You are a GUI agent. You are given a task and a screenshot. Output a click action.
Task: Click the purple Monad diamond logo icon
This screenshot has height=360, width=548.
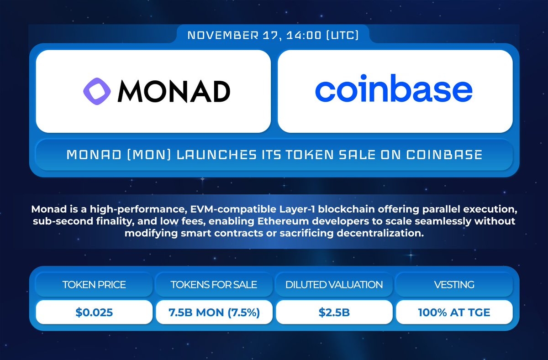(97, 91)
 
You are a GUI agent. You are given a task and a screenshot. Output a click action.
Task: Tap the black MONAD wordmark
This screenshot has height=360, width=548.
(174, 91)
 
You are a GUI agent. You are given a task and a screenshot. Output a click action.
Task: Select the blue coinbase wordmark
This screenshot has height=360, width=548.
(394, 88)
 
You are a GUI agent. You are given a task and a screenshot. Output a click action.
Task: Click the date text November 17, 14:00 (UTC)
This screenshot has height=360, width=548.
(273, 35)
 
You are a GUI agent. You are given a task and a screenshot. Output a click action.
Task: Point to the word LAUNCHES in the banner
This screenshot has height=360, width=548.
(216, 155)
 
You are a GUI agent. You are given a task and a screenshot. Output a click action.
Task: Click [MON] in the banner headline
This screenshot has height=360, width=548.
(149, 155)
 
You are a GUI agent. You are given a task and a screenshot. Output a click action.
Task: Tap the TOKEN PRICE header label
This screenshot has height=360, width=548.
(94, 284)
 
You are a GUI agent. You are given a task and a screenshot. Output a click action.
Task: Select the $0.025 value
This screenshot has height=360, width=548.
(94, 313)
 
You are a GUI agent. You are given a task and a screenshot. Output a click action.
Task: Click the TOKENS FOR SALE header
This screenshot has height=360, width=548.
(214, 284)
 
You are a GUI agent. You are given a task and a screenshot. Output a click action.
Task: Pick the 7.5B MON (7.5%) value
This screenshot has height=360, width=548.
(214, 313)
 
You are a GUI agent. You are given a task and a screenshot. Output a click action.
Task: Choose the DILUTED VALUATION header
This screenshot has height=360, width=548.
(334, 284)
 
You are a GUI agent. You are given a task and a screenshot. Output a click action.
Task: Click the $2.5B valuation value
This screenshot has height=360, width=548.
(334, 313)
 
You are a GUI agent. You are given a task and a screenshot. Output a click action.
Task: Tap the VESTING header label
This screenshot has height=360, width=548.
(454, 284)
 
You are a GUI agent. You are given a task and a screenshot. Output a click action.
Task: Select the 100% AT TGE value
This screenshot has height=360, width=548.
(454, 313)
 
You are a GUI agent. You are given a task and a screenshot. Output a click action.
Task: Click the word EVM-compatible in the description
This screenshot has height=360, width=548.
(233, 209)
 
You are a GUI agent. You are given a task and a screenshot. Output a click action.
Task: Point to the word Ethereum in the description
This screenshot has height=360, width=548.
(283, 221)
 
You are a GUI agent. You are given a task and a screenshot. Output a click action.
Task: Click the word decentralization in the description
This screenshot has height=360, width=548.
(380, 233)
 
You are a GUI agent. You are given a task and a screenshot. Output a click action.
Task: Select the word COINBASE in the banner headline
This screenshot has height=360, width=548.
(444, 155)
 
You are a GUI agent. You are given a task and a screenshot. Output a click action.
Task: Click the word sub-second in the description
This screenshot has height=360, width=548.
(63, 221)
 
